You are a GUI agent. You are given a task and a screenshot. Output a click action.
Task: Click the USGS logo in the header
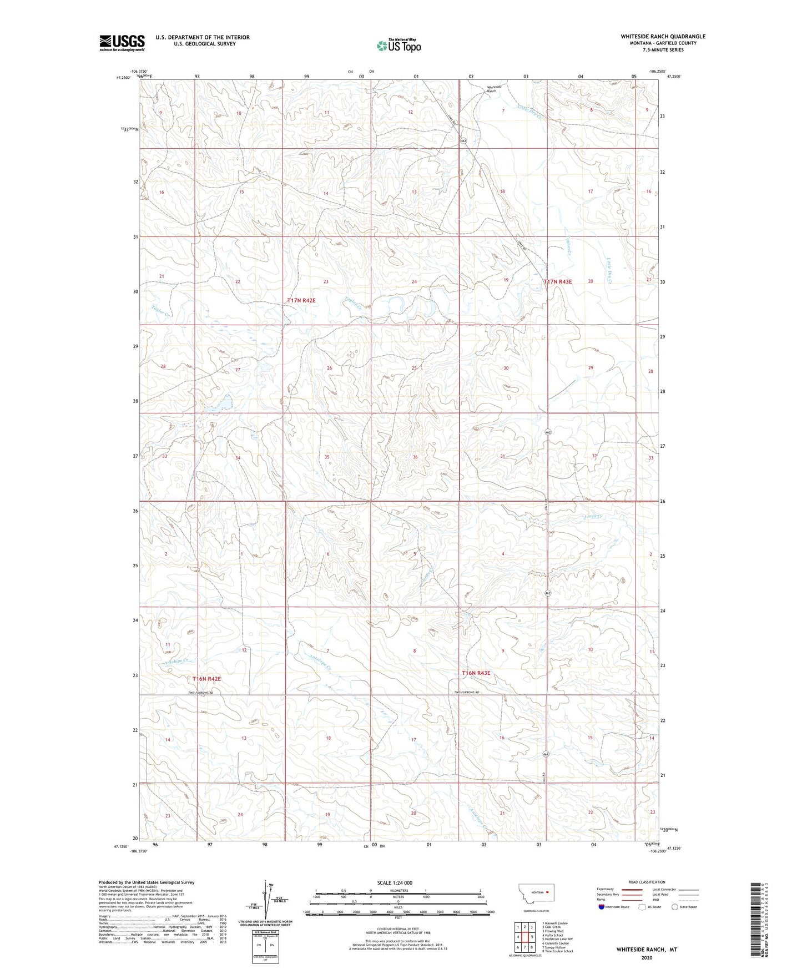point(122,43)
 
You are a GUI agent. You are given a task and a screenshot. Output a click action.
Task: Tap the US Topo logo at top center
point(398,45)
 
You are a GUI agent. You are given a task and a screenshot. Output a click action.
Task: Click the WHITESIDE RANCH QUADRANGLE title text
point(663,37)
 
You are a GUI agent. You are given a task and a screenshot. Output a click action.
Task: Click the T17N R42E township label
point(301,300)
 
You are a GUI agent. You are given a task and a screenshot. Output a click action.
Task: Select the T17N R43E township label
point(557,281)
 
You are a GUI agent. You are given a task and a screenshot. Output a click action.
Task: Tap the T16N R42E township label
point(206,679)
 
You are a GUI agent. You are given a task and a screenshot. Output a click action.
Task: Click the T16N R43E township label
point(476,673)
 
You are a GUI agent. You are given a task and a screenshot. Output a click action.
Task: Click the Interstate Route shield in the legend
point(602,907)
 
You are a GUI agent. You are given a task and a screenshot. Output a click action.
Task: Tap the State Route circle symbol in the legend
point(675,907)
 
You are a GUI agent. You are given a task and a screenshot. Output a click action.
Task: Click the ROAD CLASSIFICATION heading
point(646,882)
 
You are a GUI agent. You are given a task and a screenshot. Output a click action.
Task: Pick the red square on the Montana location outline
point(546,892)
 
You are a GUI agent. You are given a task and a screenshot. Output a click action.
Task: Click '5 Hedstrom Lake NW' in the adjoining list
point(557,939)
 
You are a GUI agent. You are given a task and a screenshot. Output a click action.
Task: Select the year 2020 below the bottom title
point(646,957)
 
